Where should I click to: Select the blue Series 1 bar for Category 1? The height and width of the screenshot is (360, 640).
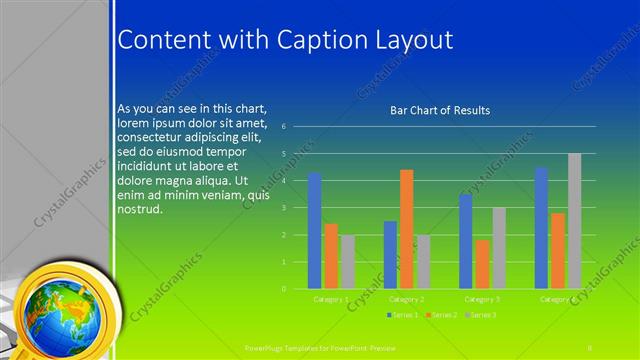point(315,230)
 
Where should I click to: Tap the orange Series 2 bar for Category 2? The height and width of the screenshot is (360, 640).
point(406,229)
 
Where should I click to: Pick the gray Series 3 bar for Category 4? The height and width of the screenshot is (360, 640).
point(574,221)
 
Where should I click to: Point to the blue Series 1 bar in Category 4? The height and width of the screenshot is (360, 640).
point(541,228)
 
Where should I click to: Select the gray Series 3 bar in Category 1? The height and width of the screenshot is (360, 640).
point(348,262)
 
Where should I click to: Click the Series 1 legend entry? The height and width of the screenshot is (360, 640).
point(405,315)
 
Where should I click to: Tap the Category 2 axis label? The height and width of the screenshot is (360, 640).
point(406,299)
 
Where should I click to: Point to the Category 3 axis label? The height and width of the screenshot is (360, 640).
point(482,299)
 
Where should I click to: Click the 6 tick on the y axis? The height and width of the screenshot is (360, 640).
point(284,127)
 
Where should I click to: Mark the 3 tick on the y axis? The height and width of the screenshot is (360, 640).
point(284,208)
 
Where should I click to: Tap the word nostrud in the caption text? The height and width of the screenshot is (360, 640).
point(139,210)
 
